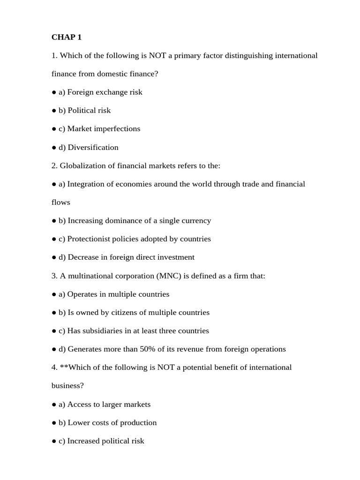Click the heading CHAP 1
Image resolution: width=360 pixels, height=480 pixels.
click(x=67, y=37)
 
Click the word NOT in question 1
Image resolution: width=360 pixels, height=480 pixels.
click(x=157, y=55)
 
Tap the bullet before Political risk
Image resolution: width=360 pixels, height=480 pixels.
click(x=54, y=111)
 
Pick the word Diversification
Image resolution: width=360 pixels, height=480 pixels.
click(x=93, y=147)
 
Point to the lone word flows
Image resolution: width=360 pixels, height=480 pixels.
click(x=61, y=202)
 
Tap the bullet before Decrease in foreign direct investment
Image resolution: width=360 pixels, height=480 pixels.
click(x=54, y=257)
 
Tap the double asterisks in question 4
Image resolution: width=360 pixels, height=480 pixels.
click(x=62, y=367)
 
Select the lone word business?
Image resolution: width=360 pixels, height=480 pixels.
click(x=67, y=385)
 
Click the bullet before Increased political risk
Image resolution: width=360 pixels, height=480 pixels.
click(x=54, y=441)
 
